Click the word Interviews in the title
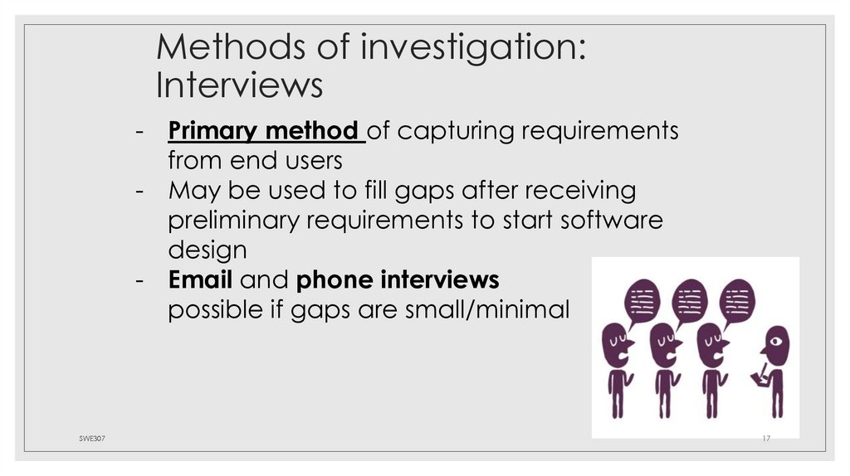pos(239,85)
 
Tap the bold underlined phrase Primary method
pos(265,131)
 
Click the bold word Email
pos(204,279)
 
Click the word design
pos(207,250)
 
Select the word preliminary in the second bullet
pos(233,221)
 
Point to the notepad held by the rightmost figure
pos(757,378)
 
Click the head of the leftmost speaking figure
pos(617,343)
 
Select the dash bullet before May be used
pos(142,191)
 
